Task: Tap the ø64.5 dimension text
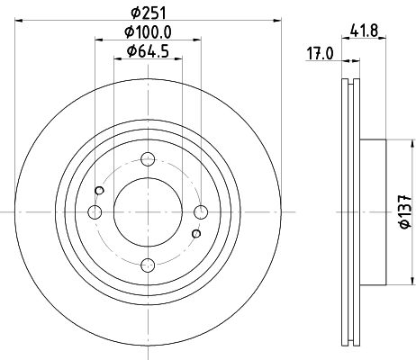pyautogui.click(x=149, y=51)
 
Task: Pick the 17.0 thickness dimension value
pyautogui.click(x=320, y=53)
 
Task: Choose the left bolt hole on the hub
pyautogui.click(x=95, y=211)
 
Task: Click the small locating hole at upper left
pyautogui.click(x=100, y=190)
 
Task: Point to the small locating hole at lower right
pyautogui.click(x=195, y=234)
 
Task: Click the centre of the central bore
pyautogui.click(x=148, y=211)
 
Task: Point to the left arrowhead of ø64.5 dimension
pyautogui.click(x=117, y=59)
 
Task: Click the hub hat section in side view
pyautogui.click(x=372, y=211)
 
